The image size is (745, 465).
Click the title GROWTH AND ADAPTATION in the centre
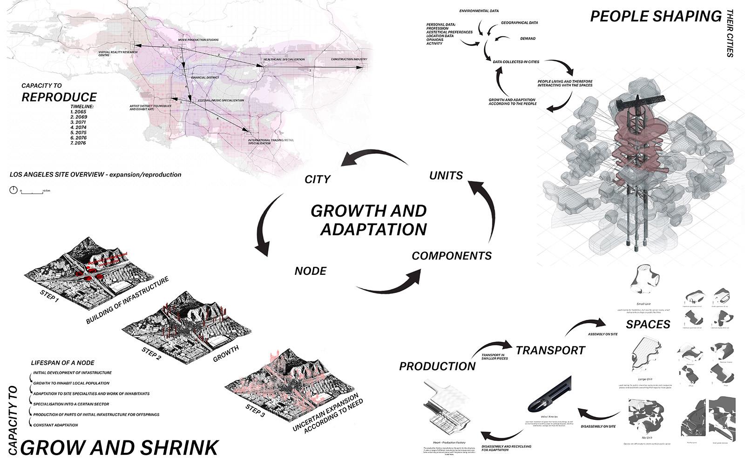tap(368, 220)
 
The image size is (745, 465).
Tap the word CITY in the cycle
tap(317, 179)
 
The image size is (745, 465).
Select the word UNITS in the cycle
tap(446, 175)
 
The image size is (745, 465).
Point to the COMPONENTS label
tap(452, 256)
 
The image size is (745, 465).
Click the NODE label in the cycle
tap(311, 271)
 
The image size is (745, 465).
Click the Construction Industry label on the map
tap(349, 60)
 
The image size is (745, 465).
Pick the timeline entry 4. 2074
tap(78, 127)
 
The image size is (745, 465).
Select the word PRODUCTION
tap(437, 366)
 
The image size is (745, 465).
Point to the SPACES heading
tap(648, 324)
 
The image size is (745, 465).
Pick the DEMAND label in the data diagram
tap(528, 39)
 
